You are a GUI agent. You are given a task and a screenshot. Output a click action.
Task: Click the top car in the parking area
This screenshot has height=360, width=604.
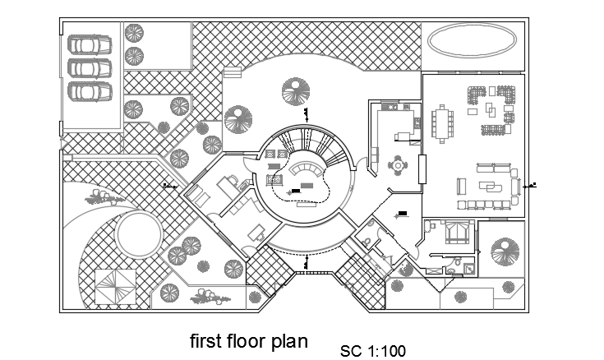pos(90,43)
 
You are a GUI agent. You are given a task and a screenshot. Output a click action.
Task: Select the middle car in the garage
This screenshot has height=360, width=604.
pos(90,67)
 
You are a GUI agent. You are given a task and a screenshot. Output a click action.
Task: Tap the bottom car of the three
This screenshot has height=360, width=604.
pos(90,90)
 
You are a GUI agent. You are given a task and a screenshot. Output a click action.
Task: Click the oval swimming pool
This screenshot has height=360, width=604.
pos(473,39)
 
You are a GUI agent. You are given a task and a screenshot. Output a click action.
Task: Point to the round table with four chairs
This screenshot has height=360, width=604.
pos(399,164)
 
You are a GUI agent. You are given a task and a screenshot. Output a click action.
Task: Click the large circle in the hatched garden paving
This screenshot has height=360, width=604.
pos(138,234)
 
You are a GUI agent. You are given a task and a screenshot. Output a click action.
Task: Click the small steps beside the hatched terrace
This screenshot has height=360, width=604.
pos(232,73)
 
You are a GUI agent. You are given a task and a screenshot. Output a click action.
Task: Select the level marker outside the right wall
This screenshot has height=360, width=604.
pos(533,184)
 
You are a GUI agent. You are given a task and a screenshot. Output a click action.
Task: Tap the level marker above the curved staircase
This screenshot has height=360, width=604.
pos(307,114)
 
